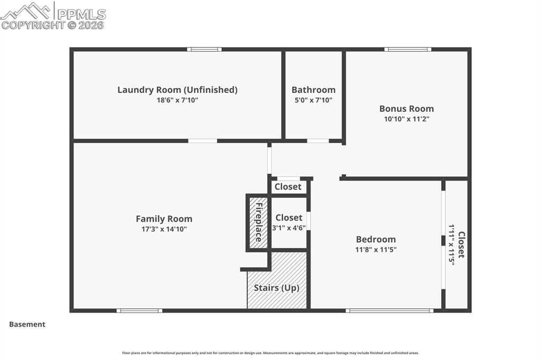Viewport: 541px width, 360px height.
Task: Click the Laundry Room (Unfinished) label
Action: [x=177, y=90]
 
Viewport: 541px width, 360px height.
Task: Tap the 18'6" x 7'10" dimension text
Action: [x=177, y=100]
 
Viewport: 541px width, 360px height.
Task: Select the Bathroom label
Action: [x=313, y=90]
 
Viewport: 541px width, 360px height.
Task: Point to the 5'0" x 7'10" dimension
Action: [x=313, y=100]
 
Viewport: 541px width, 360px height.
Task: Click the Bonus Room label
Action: [x=406, y=109]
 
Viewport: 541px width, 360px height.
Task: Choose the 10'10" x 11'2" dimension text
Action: [x=406, y=119]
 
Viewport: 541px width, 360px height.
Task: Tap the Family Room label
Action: [x=164, y=219]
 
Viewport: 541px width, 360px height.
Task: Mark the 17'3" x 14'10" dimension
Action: [x=164, y=229]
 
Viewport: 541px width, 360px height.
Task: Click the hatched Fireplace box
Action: [x=258, y=222]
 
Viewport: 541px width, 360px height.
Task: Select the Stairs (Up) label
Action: [x=276, y=288]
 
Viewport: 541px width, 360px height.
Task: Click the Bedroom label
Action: [x=376, y=239]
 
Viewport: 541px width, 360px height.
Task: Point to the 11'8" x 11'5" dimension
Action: [x=376, y=249]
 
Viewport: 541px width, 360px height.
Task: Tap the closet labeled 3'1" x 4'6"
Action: [x=289, y=222]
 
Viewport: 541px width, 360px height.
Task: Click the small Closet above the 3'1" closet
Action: [x=288, y=186]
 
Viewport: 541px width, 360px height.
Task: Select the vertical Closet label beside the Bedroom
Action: [x=461, y=244]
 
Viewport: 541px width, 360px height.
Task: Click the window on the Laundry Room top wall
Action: [x=204, y=50]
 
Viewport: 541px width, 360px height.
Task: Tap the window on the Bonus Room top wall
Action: [x=407, y=50]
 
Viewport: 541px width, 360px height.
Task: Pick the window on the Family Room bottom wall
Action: [x=139, y=310]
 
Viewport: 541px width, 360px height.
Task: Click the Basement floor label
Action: [x=27, y=324]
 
